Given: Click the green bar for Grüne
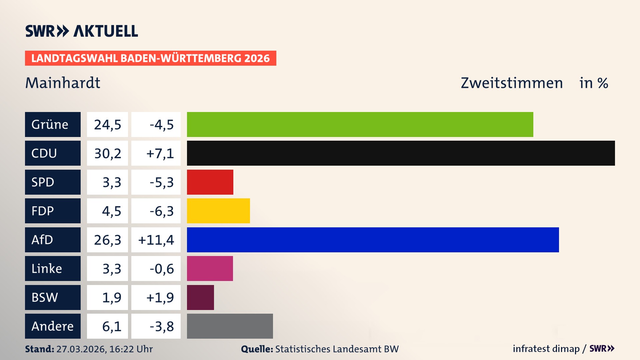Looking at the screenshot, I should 360,124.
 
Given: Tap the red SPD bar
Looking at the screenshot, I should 210,182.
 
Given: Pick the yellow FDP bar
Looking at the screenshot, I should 218,211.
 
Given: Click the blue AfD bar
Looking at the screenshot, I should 373,240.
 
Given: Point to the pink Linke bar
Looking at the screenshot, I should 210,268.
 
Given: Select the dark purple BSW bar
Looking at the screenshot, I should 200,297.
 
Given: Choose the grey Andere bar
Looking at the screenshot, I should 230,326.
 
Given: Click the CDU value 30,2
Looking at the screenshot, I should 107,153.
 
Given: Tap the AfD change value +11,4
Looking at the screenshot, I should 156,240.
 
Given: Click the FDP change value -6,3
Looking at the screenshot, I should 161,211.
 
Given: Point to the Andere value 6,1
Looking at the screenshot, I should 111,326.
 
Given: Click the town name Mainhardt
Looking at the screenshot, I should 63,83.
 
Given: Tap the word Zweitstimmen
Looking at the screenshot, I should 512,83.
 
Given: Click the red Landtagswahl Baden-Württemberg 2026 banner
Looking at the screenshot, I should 150,58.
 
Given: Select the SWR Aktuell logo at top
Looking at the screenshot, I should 82,31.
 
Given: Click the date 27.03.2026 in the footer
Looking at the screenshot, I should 81,349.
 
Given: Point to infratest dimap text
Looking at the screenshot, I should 546,349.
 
